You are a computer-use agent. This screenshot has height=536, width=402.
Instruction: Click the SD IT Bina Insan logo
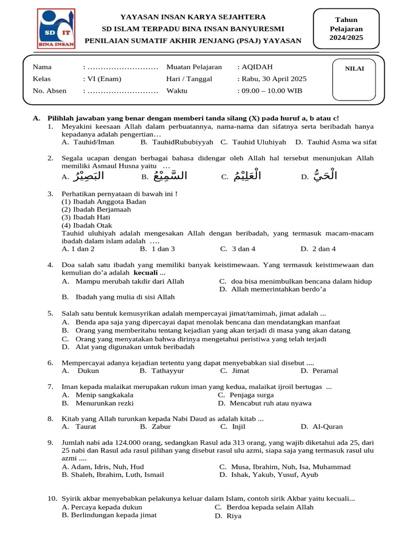click(56, 29)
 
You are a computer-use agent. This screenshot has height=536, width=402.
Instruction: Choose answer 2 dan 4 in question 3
click(324, 249)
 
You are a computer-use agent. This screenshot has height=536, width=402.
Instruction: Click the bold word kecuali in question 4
click(146, 273)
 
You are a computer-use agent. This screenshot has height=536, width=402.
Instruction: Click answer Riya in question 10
click(234, 516)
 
